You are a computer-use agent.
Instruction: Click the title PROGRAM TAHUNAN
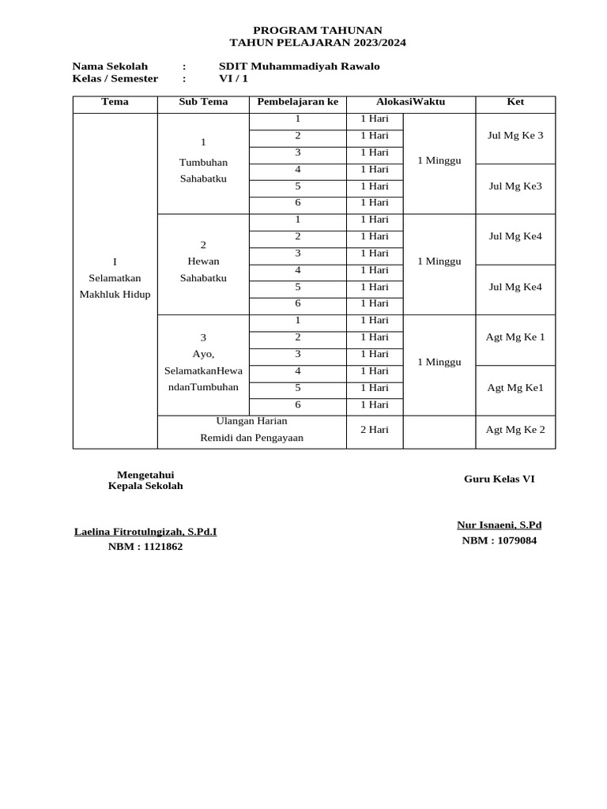[317, 30]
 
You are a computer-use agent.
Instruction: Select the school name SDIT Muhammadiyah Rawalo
[299, 66]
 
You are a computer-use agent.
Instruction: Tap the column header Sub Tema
[203, 102]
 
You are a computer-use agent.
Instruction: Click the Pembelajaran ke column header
[297, 102]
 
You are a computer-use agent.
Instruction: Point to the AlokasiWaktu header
[410, 102]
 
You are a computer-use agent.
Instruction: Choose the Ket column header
[515, 102]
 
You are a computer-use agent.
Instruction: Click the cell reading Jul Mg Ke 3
[515, 135]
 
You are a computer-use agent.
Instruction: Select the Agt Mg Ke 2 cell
[515, 430]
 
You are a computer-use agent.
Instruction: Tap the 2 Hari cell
[375, 430]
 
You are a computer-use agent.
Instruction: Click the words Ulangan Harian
[251, 421]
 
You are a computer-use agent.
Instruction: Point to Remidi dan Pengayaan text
[251, 438]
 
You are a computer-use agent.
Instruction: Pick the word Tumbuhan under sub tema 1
[203, 162]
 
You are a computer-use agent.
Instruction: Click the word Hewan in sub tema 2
[203, 262]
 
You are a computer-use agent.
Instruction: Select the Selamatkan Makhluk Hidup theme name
[115, 286]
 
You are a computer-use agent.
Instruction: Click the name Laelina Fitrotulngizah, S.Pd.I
[145, 532]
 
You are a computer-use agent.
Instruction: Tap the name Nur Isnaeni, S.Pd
[499, 525]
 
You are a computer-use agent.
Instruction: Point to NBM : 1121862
[145, 547]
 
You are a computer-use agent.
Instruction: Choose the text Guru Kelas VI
[499, 479]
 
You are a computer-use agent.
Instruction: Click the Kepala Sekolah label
[145, 486]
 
